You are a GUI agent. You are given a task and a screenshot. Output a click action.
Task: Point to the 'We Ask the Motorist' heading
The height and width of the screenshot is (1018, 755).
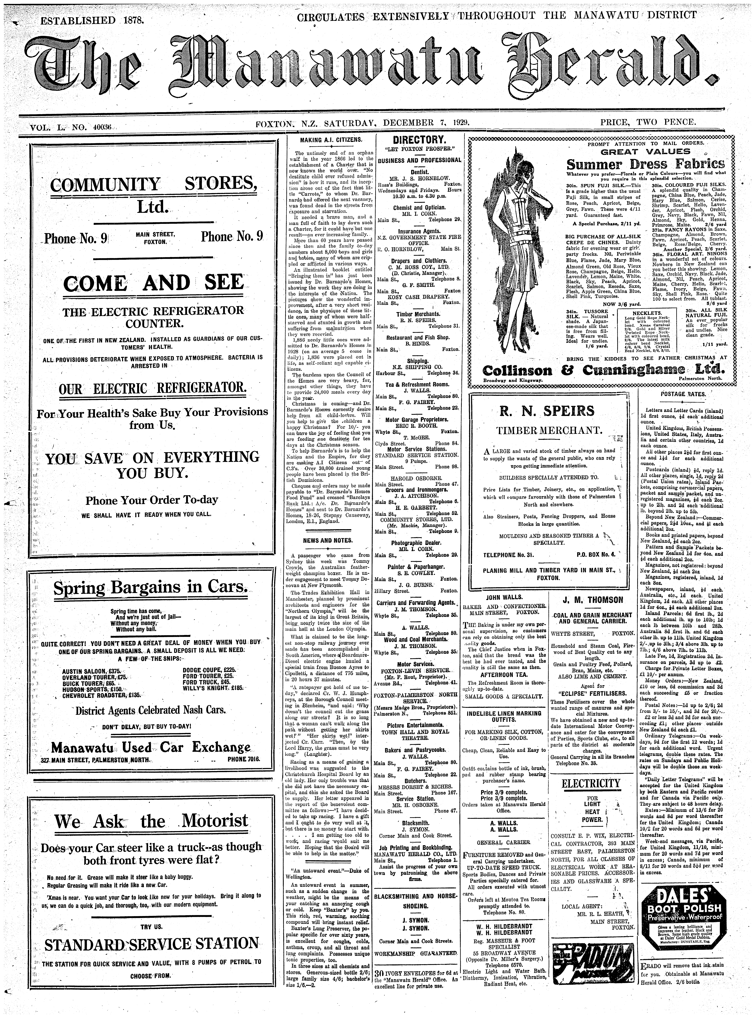pos(151,822)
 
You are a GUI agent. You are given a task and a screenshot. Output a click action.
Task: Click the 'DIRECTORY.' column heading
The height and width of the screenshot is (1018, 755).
pos(419,140)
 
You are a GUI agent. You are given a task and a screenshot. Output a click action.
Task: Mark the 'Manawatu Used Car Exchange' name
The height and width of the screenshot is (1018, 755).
pos(151,747)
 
